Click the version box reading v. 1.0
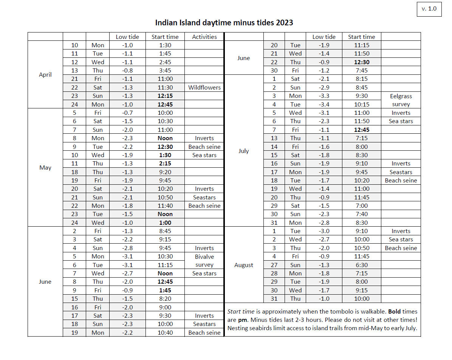coord(429,9)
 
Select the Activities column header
coord(204,37)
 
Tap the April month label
coord(45,74)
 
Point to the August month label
coord(244,265)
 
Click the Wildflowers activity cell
coord(204,87)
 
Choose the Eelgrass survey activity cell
coord(401,100)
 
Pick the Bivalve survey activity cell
coord(204,261)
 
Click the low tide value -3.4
coord(324,104)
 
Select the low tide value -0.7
coord(127,113)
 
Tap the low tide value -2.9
coord(324,87)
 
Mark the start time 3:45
coord(165,70)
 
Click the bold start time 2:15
coord(165,163)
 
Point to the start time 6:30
coord(362,265)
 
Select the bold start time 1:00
coord(165,222)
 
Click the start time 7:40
coord(362,214)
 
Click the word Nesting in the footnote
coord(238,328)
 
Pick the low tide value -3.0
coord(324,231)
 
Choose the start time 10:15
coord(362,104)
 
